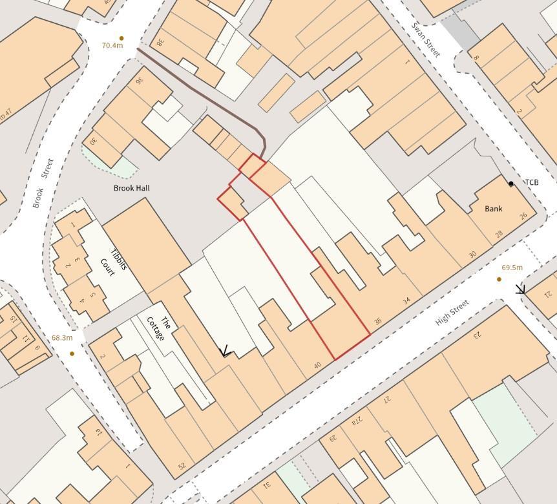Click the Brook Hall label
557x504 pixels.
click(x=131, y=188)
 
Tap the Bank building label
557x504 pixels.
click(x=494, y=209)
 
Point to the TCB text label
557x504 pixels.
click(x=531, y=183)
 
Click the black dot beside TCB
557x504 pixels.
click(x=511, y=184)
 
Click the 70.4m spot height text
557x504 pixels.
click(x=112, y=46)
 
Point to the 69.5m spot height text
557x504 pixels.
click(x=512, y=268)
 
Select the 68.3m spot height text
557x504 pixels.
click(x=62, y=338)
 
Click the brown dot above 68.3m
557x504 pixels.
click(x=72, y=353)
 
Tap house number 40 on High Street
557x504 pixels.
click(x=317, y=365)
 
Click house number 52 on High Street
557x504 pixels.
click(x=182, y=465)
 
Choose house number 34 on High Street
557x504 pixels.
click(x=406, y=300)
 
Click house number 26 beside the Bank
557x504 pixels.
click(x=523, y=216)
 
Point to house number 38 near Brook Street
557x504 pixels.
click(x=159, y=42)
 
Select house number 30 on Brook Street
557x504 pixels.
click(x=94, y=140)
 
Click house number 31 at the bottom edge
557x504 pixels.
click(x=266, y=485)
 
